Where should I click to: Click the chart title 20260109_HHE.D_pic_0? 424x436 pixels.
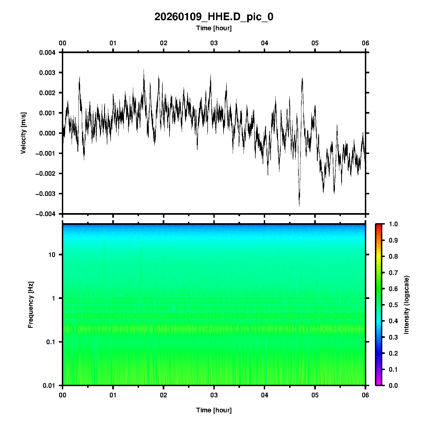click(214, 17)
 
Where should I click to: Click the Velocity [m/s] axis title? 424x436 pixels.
click(23, 133)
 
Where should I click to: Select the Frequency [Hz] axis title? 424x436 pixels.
click(31, 305)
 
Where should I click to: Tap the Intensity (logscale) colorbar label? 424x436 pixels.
click(407, 305)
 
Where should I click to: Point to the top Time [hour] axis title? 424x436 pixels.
click(214, 28)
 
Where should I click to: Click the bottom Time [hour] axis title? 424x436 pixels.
click(214, 410)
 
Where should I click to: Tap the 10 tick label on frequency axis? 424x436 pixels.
click(52, 255)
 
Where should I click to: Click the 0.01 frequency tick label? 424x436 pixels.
click(49, 386)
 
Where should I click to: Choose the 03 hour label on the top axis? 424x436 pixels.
click(214, 43)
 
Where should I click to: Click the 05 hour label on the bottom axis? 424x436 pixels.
click(315, 395)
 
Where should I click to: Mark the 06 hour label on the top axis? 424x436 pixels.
click(365, 43)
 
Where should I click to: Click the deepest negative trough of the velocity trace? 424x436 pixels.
click(299, 206)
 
